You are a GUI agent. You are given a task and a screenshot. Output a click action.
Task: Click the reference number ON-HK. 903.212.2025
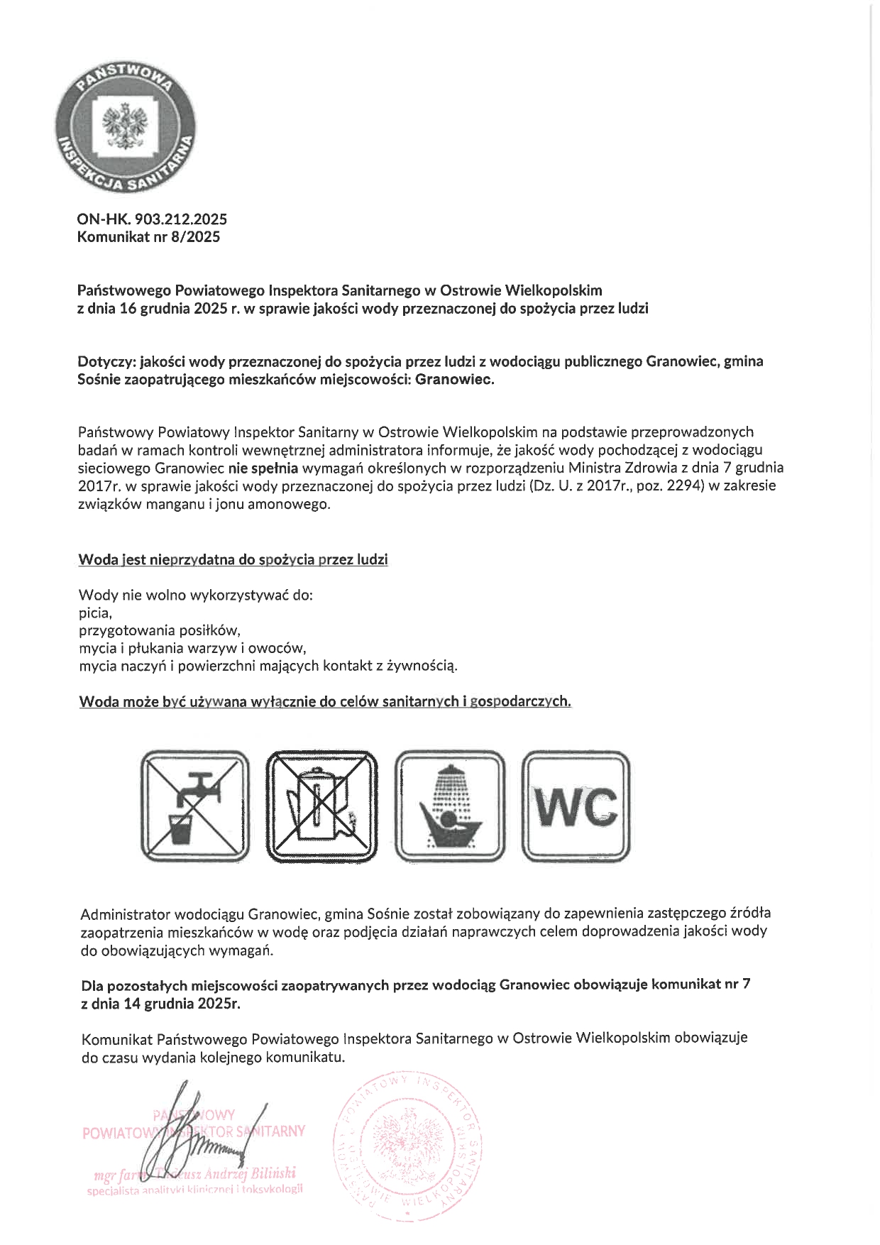(x=152, y=220)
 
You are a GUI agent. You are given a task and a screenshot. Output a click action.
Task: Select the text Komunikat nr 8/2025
(x=148, y=237)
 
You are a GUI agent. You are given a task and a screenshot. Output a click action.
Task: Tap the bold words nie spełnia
(x=264, y=468)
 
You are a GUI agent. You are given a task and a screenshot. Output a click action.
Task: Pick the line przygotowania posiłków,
(x=160, y=630)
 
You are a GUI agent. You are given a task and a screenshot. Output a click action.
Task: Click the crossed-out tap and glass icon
(x=195, y=806)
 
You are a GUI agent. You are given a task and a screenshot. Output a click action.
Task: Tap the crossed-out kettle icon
(x=321, y=806)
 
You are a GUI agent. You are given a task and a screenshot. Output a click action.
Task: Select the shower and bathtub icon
(x=449, y=806)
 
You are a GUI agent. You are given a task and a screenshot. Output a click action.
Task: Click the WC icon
(x=576, y=806)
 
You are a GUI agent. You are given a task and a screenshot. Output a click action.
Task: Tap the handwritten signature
(x=206, y=1136)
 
